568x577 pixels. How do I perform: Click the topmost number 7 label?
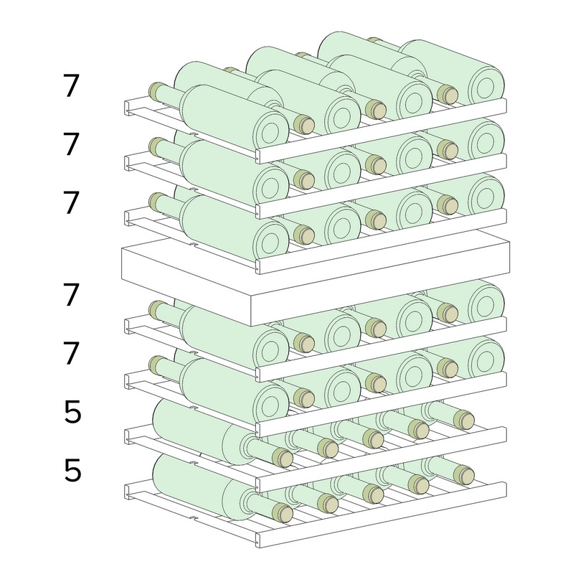pyautogui.click(x=71, y=85)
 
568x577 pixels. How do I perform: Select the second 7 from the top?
pyautogui.click(x=71, y=144)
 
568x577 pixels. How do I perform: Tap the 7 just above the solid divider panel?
pyautogui.click(x=71, y=202)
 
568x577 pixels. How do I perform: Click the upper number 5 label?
pyautogui.click(x=72, y=412)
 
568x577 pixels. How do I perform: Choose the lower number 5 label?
pyautogui.click(x=72, y=470)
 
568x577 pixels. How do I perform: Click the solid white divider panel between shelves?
pyautogui.click(x=315, y=278)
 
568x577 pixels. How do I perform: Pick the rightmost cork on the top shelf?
pyautogui.click(x=448, y=95)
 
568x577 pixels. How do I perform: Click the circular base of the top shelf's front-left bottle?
pyautogui.click(x=271, y=129)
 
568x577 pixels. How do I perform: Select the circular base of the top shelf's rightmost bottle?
pyautogui.click(x=487, y=85)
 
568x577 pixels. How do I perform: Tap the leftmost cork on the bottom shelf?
pyautogui.click(x=283, y=512)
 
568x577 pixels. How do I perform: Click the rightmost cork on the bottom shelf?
pyautogui.click(x=464, y=474)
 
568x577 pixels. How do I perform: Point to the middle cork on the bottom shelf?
pyautogui.click(x=373, y=494)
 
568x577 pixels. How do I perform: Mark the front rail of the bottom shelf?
pyautogui.click(x=382, y=514)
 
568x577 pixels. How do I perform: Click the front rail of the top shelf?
pyautogui.click(x=382, y=131)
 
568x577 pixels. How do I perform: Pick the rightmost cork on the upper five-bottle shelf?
pyautogui.click(x=464, y=420)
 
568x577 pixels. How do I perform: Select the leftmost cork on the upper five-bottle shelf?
pyautogui.click(x=283, y=457)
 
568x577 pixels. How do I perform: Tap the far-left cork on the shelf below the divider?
pyautogui.click(x=157, y=309)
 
